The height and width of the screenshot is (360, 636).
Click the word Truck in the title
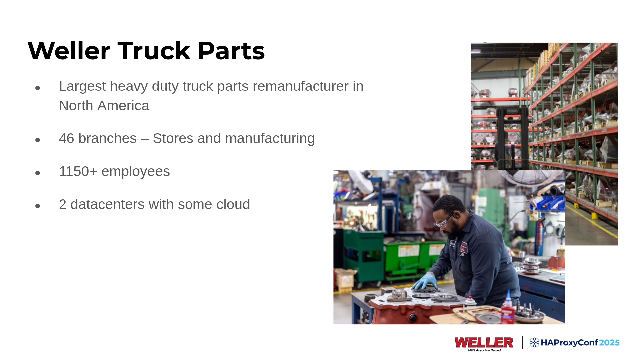[154, 51]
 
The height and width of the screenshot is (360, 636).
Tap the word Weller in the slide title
[69, 51]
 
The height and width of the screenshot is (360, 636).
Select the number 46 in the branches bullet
[66, 138]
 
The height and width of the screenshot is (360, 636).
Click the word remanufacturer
[301, 86]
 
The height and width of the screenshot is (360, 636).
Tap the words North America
[104, 106]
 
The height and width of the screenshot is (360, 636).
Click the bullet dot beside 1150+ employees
[38, 173]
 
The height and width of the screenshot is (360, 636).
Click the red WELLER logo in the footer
[484, 342]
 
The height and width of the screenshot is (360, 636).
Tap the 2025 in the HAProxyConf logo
[609, 343]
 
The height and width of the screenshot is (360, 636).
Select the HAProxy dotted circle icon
[534, 342]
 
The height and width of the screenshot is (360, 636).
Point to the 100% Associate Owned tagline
[484, 350]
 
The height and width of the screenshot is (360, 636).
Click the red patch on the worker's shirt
[463, 248]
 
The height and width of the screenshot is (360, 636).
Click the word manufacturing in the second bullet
[270, 138]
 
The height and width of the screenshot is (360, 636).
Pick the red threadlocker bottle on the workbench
[507, 309]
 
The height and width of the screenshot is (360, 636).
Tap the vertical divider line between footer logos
[522, 342]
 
